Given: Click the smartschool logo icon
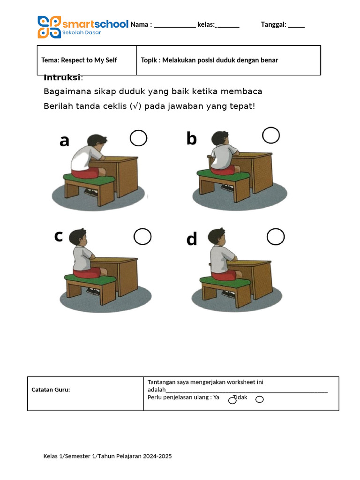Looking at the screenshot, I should pyautogui.click(x=49, y=27).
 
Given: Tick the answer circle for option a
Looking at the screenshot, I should pyautogui.click(x=138, y=138).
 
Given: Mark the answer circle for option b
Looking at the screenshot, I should pyautogui.click(x=271, y=135).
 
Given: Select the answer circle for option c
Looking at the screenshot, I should pyautogui.click(x=142, y=237).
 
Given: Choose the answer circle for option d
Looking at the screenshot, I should pyautogui.click(x=276, y=237).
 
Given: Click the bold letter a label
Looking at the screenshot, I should pyautogui.click(x=65, y=141).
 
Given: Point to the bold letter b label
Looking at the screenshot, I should pyautogui.click(x=191, y=138).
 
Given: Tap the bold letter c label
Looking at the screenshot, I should pyautogui.click(x=58, y=236).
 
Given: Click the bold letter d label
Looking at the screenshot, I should pyautogui.click(x=192, y=239).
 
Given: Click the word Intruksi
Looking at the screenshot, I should pyautogui.click(x=62, y=77).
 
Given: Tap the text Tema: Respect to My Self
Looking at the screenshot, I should pyautogui.click(x=79, y=60).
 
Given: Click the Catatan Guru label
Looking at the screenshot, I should pyautogui.click(x=51, y=390).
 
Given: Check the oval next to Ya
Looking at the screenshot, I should pyautogui.click(x=232, y=400).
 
